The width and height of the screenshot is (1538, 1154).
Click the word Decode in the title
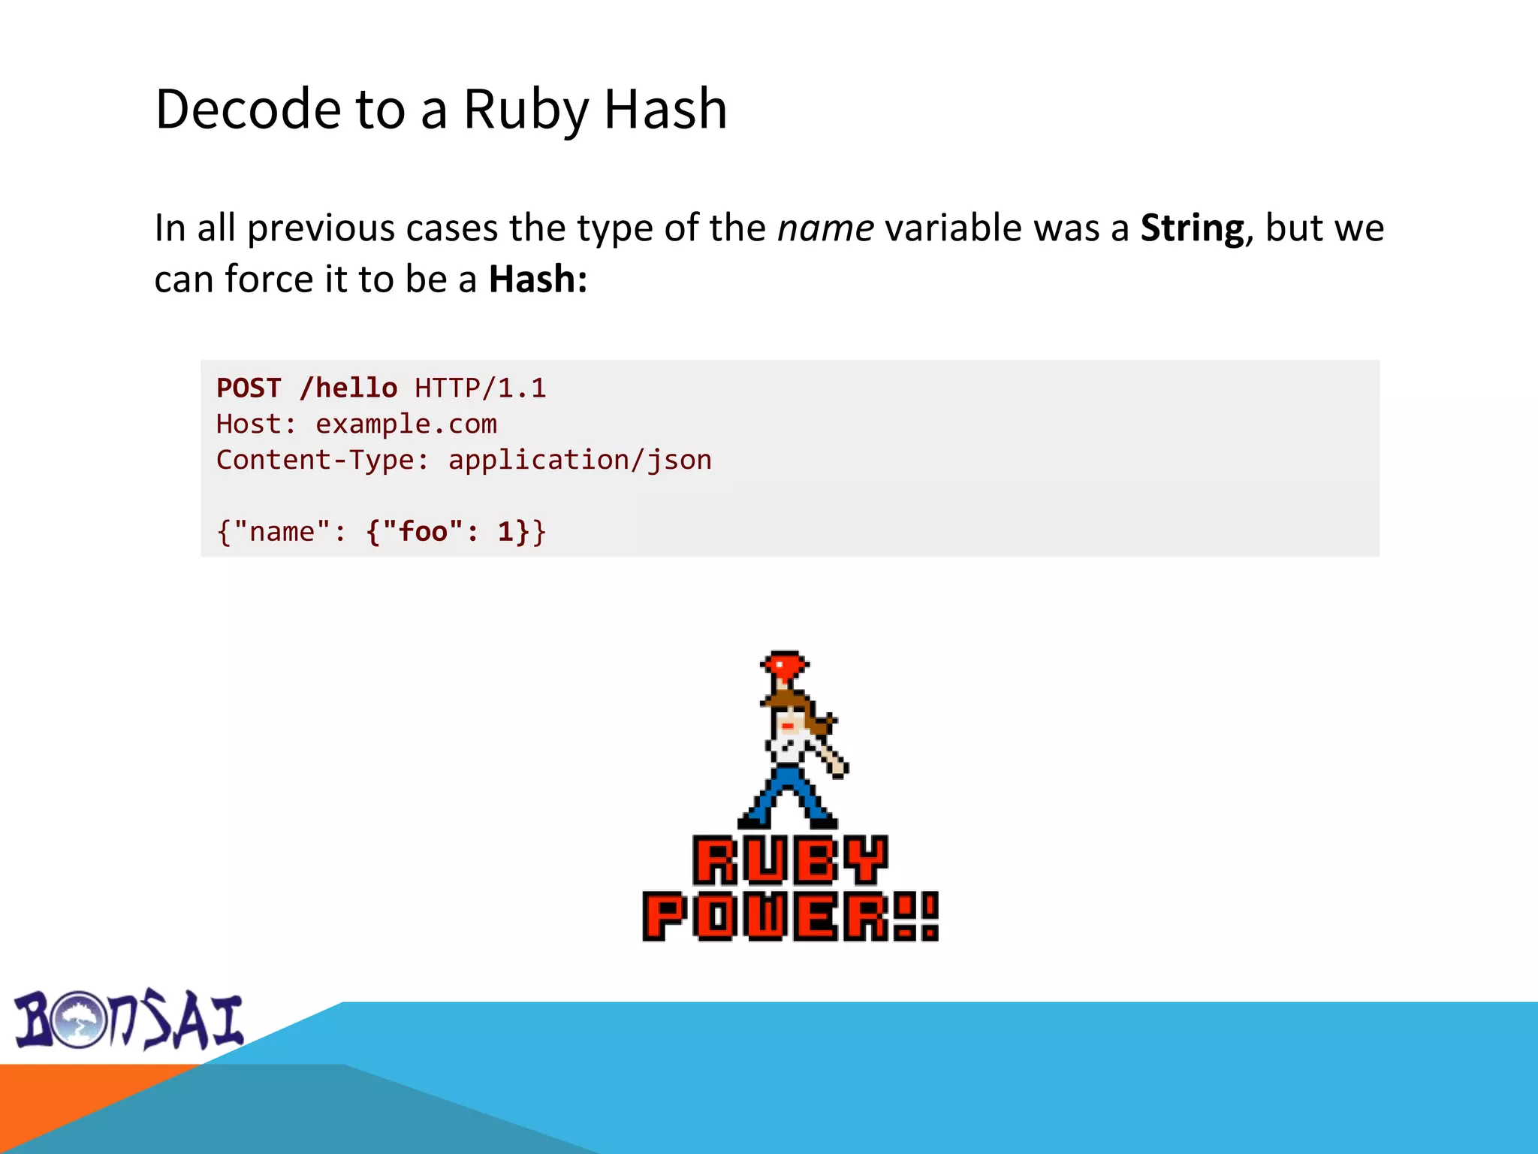[248, 110]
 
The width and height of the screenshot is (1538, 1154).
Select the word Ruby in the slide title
[526, 110]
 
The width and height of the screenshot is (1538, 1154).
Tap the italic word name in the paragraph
[825, 228]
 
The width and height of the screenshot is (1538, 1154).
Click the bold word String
[1192, 228]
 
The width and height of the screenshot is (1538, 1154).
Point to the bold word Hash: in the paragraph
[538, 279]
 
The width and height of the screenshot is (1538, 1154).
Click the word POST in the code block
[249, 388]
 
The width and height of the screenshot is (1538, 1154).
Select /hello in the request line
[348, 388]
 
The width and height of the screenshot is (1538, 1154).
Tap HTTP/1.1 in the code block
[480, 388]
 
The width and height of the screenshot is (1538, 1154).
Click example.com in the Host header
[406, 424]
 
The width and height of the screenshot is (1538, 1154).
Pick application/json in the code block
[579, 460]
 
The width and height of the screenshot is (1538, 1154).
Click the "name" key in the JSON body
[282, 532]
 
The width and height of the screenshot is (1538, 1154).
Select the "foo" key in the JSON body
[423, 532]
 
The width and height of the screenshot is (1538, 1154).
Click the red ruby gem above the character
[784, 665]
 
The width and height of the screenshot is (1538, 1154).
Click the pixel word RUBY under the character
[790, 860]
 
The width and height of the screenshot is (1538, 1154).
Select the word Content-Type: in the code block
[323, 460]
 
